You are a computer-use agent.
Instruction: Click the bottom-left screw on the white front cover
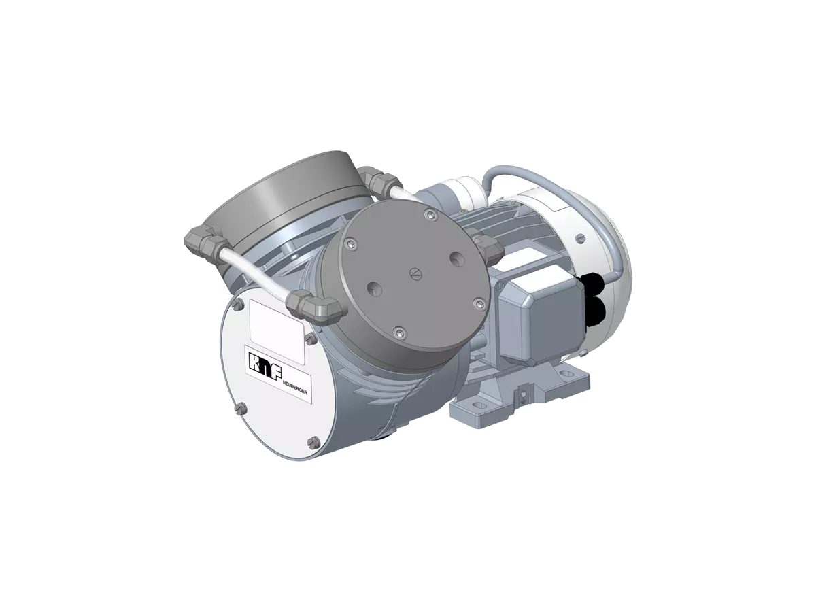239,408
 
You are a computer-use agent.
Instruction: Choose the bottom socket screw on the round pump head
399,332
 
